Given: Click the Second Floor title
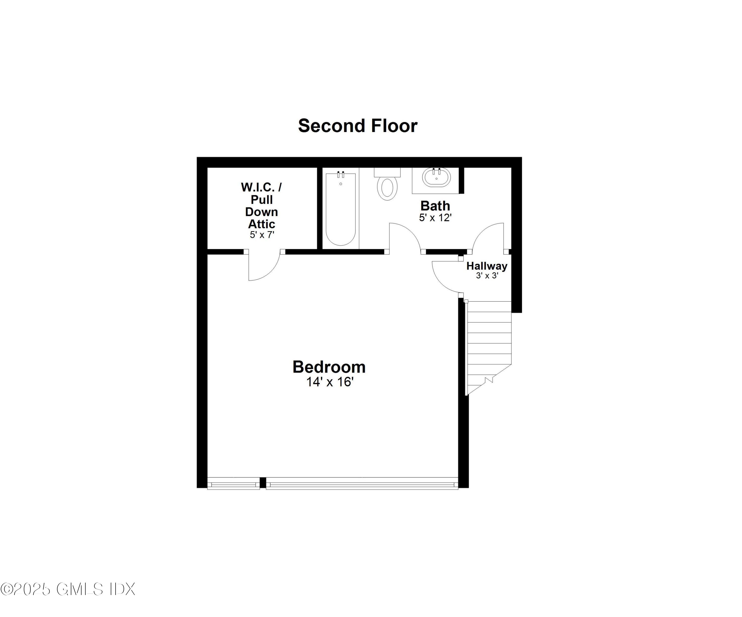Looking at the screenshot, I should coord(358,126).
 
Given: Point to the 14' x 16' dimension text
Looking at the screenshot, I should coord(330,382).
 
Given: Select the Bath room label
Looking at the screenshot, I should coord(435,206).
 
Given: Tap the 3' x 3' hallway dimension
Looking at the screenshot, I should coord(487,275).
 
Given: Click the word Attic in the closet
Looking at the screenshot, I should coord(261,224).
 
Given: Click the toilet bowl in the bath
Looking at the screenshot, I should coord(387,188).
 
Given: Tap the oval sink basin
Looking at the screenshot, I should coord(437,177).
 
